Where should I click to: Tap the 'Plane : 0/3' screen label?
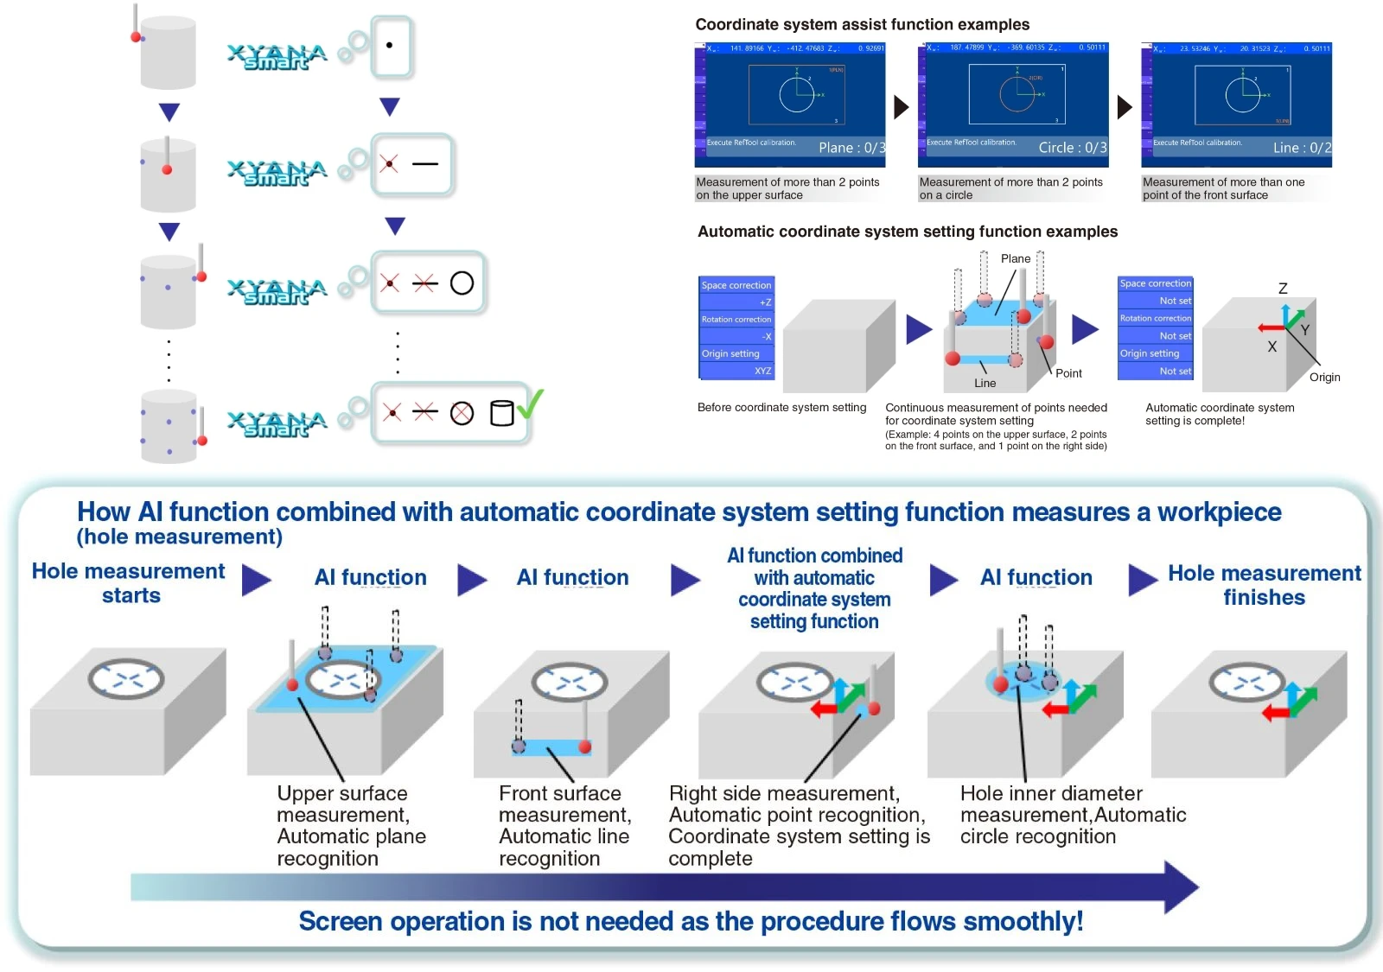tap(851, 148)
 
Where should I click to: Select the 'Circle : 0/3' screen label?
tap(1072, 148)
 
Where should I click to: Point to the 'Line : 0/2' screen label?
tap(1301, 148)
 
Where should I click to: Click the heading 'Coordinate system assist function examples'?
tap(862, 25)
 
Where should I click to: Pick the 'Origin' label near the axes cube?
tap(1324, 378)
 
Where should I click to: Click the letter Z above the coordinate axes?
tap(1283, 289)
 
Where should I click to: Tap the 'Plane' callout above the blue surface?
tap(1015, 259)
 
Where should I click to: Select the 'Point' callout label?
tap(1068, 373)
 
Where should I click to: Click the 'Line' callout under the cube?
tap(985, 384)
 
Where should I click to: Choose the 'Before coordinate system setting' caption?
tap(781, 408)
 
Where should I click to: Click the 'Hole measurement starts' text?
tap(129, 583)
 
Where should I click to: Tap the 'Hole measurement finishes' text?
tap(1264, 585)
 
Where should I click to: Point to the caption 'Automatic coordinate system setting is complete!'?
tap(1219, 414)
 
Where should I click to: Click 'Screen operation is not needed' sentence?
tap(691, 922)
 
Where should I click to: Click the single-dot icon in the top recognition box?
tap(390, 45)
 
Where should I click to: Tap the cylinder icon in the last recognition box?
tap(501, 413)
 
